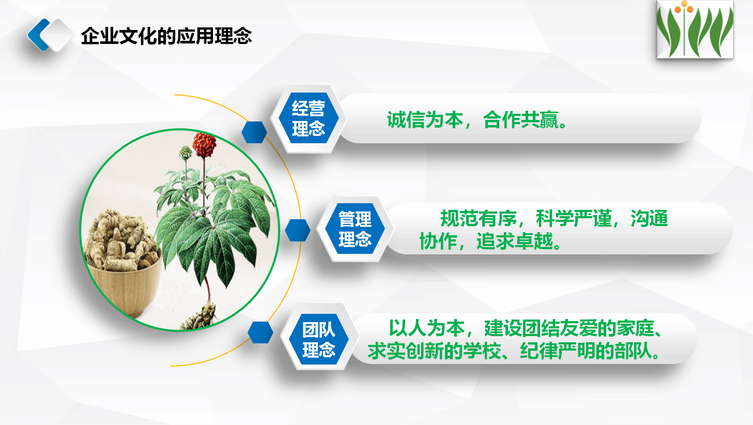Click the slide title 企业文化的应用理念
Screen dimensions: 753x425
pyautogui.click(x=166, y=36)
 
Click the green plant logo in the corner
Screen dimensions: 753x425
pyautogui.click(x=695, y=29)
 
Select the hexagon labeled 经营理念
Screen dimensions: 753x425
pyautogui.click(x=308, y=118)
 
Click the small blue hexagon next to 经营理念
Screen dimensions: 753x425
pyautogui.click(x=254, y=132)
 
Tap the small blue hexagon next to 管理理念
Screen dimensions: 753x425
pyautogui.click(x=298, y=230)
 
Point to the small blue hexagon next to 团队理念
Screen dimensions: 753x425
pyautogui.click(x=260, y=332)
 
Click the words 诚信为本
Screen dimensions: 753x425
pyautogui.click(x=425, y=120)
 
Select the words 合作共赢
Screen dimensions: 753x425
pyautogui.click(x=521, y=120)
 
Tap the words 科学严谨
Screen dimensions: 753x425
pyautogui.click(x=574, y=218)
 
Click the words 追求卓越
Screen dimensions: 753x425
pyautogui.click(x=514, y=241)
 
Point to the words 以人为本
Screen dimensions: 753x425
pyautogui.click(x=426, y=328)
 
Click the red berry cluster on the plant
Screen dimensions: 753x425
pyautogui.click(x=204, y=145)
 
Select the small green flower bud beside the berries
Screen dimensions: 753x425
pyautogui.click(x=186, y=153)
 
